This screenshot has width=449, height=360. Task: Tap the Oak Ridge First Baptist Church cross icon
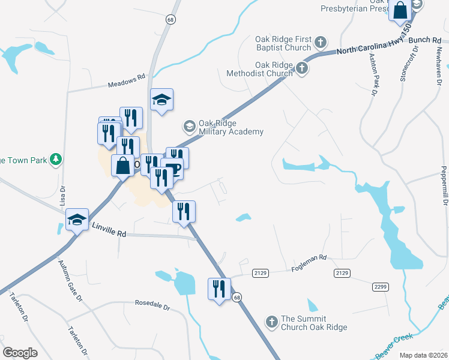[x=321, y=42]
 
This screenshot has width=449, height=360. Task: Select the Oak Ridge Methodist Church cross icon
[x=302, y=69]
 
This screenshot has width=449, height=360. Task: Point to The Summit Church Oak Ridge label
[x=314, y=323]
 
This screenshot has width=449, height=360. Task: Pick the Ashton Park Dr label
[x=373, y=74]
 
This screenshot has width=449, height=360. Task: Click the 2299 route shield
[x=379, y=287]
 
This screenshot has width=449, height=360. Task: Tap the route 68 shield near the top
[x=172, y=20]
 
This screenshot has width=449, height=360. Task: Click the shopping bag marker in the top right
[x=400, y=10]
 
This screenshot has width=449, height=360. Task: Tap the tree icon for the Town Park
[x=56, y=159]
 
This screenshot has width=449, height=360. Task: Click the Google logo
[x=20, y=353]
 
